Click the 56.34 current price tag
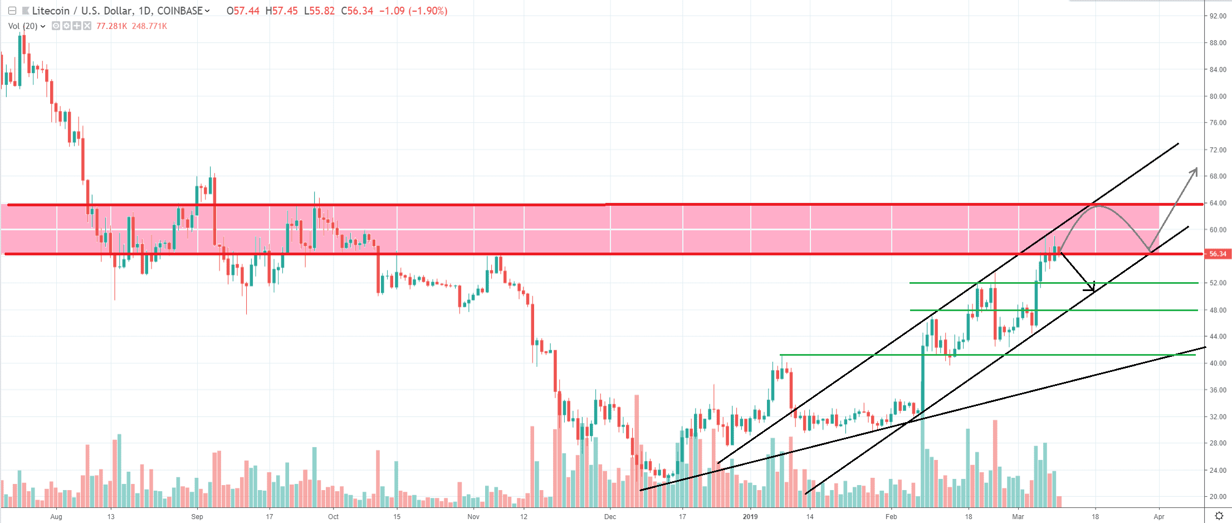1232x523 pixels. tap(1218, 254)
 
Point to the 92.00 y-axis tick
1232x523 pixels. tap(1218, 16)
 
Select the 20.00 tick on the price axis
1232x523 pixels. tap(1218, 497)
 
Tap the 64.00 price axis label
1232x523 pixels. tap(1218, 203)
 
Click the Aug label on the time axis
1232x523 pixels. tap(56, 517)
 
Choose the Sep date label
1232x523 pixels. tap(197, 517)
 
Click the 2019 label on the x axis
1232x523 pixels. tap(750, 517)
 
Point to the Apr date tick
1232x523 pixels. tap(1159, 517)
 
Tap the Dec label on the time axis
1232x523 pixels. tap(610, 517)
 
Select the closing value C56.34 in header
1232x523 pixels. tap(357, 11)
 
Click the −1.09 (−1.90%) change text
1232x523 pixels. tap(413, 11)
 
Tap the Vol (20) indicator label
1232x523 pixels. tap(23, 26)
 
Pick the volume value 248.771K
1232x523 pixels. tap(149, 26)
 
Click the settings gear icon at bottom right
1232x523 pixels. tap(1219, 516)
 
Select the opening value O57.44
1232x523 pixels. tap(243, 11)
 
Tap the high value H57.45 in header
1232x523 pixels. tap(281, 11)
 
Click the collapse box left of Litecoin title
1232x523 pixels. tap(12, 11)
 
